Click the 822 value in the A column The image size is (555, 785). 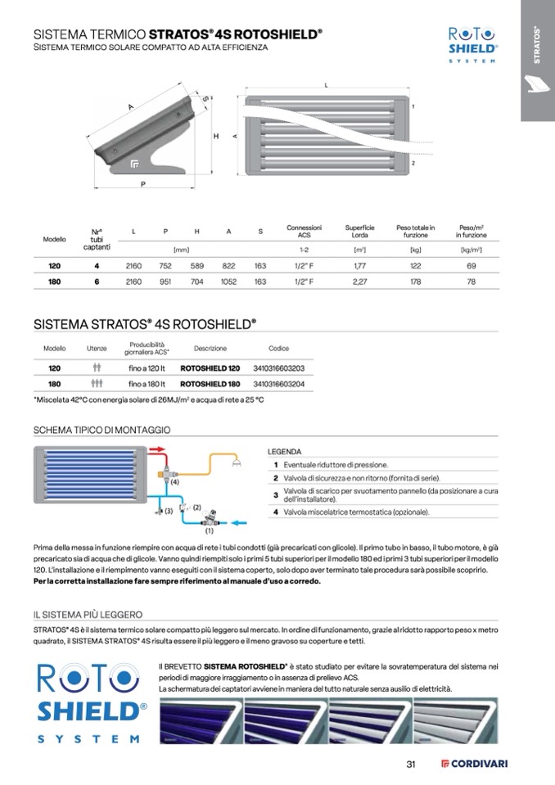(x=228, y=266)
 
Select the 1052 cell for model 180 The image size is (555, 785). (x=228, y=282)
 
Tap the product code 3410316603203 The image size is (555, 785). (x=279, y=368)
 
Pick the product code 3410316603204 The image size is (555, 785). (x=279, y=383)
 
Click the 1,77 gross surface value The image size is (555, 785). (x=359, y=266)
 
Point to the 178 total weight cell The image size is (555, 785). (x=415, y=282)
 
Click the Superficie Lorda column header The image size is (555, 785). (x=359, y=231)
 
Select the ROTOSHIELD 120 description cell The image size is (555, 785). (x=210, y=368)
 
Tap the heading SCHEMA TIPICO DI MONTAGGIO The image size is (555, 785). (x=102, y=429)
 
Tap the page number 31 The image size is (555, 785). (x=412, y=765)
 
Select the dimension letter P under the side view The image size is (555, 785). (x=142, y=184)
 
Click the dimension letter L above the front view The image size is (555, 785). (x=326, y=85)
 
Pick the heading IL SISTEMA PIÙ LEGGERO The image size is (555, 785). (x=88, y=614)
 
